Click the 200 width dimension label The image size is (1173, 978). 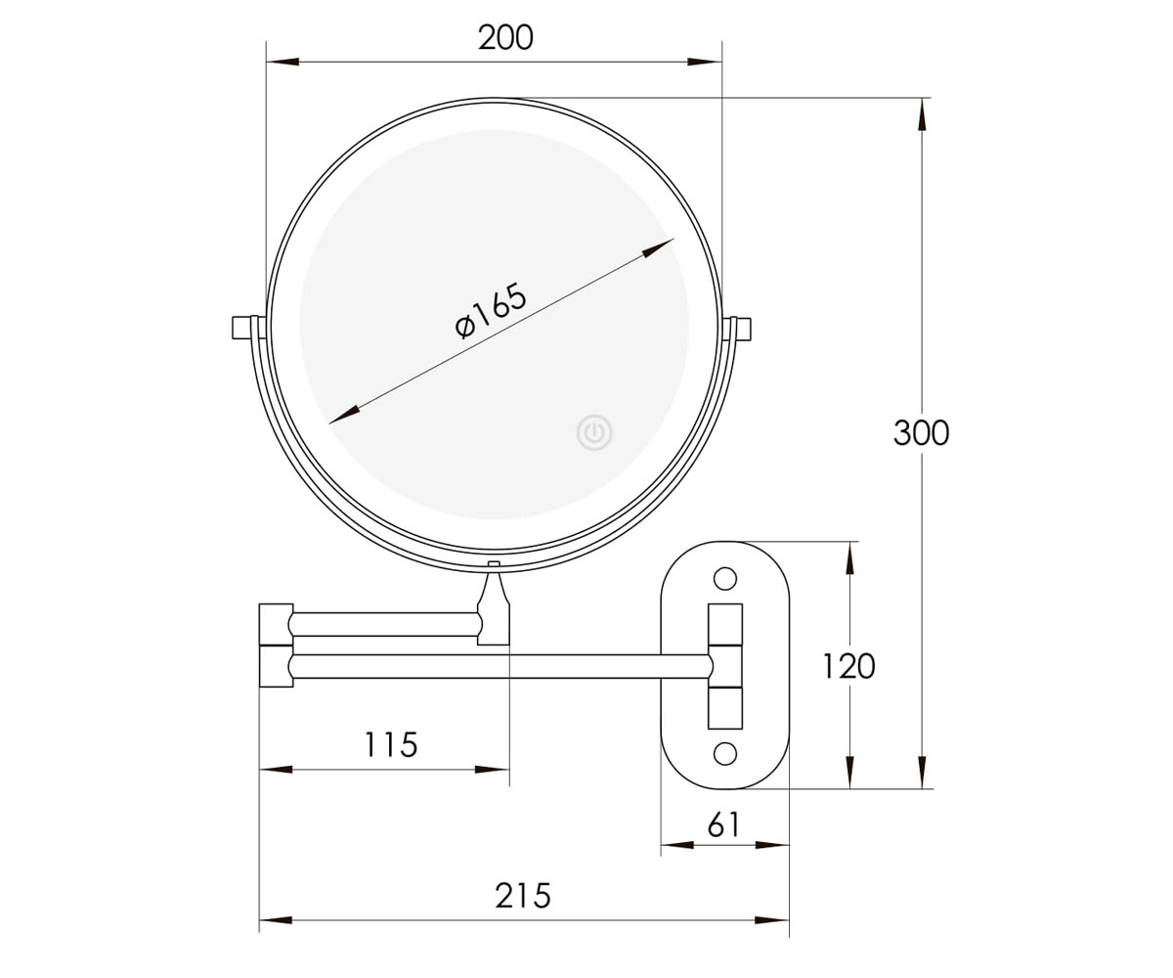pyautogui.click(x=505, y=38)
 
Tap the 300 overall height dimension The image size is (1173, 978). pyautogui.click(x=921, y=433)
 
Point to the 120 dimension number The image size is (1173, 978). pyautogui.click(x=848, y=666)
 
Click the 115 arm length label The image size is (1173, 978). pyautogui.click(x=391, y=744)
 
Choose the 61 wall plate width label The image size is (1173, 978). pyautogui.click(x=724, y=825)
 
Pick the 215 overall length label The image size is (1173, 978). pyautogui.click(x=522, y=896)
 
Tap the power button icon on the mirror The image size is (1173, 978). pyautogui.click(x=594, y=433)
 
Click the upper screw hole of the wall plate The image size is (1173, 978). pyautogui.click(x=724, y=578)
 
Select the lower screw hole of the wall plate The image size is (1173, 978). pyautogui.click(x=724, y=754)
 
